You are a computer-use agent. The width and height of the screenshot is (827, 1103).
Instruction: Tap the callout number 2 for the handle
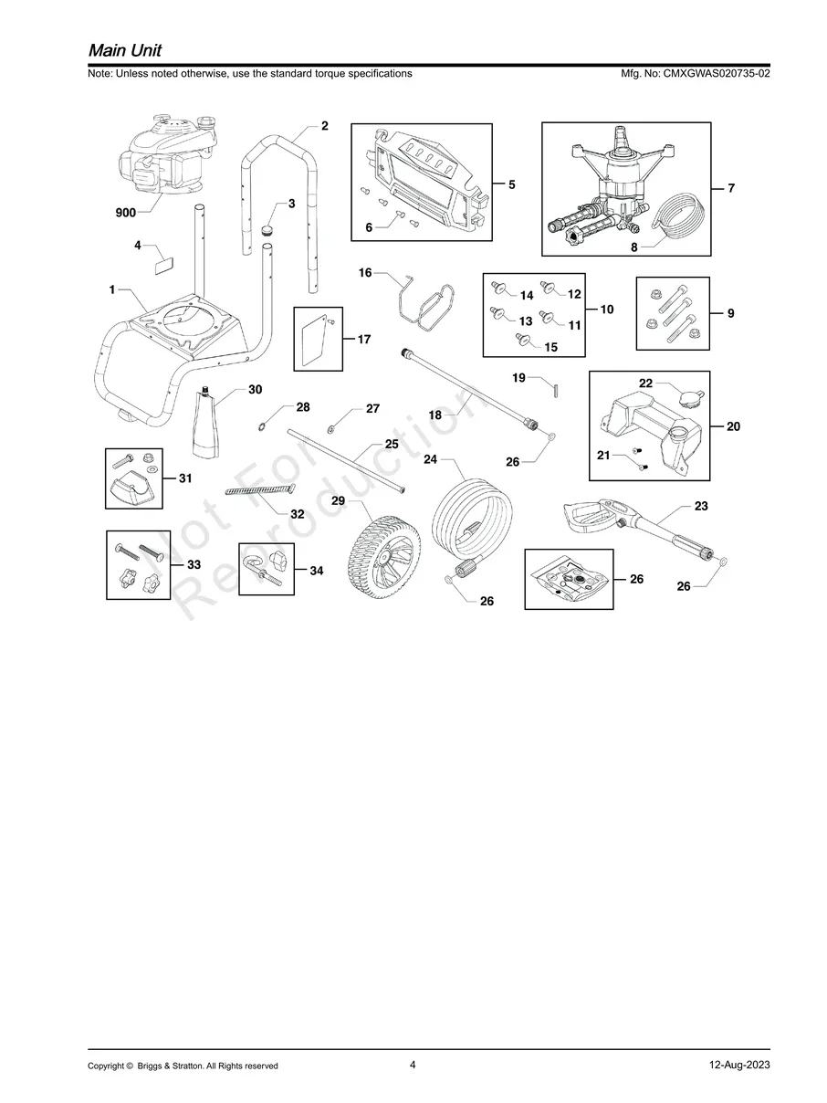click(x=324, y=125)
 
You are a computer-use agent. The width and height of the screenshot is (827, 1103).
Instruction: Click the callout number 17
click(x=364, y=340)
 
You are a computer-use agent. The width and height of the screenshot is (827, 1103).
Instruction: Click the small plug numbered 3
click(x=267, y=228)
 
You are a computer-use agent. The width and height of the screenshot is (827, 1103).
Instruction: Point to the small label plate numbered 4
click(x=162, y=264)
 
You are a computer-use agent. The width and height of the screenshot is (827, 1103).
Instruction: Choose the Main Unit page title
click(x=125, y=49)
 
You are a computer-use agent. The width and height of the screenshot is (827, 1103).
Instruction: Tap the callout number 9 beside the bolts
click(x=730, y=314)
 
